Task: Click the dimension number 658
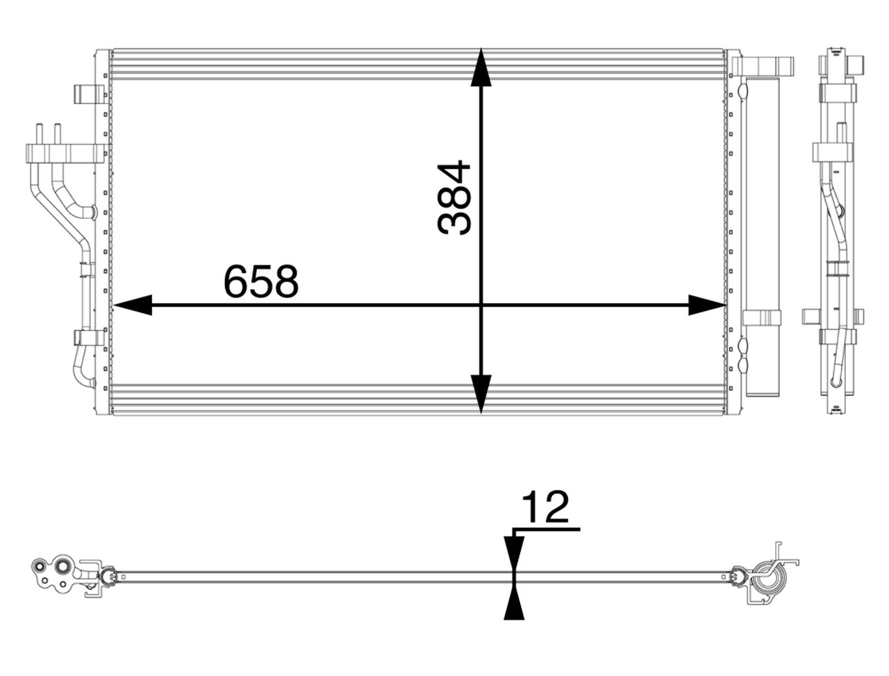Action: [x=260, y=281]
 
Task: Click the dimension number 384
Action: [x=455, y=198]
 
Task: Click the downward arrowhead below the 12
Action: [x=513, y=552]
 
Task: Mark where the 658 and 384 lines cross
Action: [x=481, y=305]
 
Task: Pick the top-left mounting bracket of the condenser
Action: [x=88, y=94]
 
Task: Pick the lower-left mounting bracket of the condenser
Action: [x=88, y=338]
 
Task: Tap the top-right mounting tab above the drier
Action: [x=764, y=66]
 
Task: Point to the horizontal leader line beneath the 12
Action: [x=545, y=529]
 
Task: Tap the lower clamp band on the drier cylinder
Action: [x=762, y=318]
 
